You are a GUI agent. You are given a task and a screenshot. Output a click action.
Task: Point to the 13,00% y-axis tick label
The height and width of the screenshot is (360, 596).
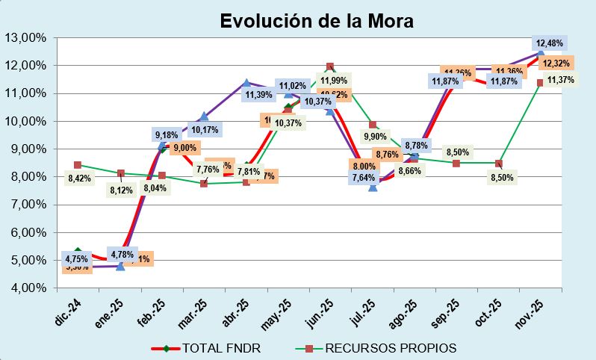coord(25,37)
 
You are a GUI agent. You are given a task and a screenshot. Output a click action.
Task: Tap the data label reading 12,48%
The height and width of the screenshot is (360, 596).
coord(549,43)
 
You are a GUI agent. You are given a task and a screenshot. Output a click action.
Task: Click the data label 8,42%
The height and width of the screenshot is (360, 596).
coord(79,179)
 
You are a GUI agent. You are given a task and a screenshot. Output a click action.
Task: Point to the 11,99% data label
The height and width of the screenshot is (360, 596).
coord(334,81)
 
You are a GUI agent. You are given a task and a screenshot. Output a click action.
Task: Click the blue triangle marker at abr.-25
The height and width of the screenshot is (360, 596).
coord(246,84)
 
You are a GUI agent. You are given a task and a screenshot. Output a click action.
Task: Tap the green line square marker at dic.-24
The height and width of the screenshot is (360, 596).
coord(78,165)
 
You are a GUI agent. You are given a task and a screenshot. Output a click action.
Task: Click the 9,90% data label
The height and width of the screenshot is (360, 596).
coord(375,137)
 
